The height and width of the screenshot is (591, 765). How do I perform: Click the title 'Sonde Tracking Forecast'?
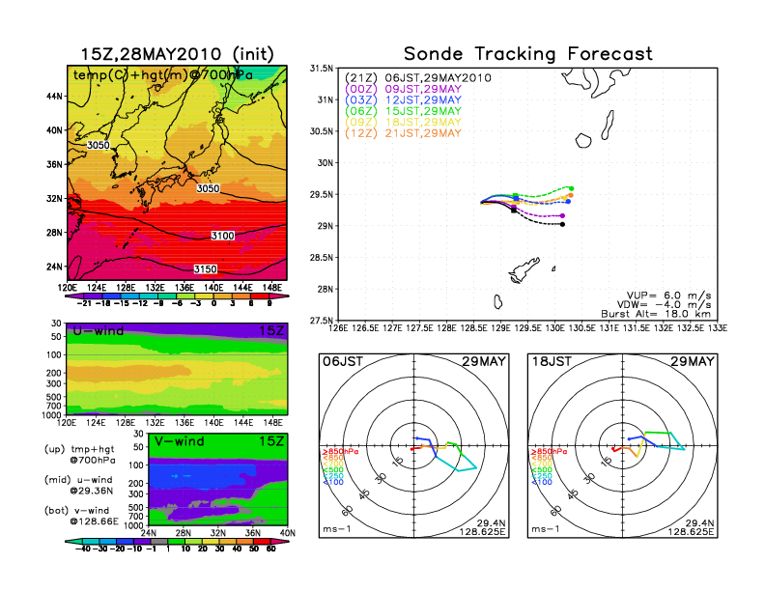click(x=527, y=54)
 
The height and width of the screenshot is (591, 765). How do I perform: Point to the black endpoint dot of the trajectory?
click(x=562, y=224)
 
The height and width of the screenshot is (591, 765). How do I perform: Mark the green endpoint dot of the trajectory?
click(x=572, y=188)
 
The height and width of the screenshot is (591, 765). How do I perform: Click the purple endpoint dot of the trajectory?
click(x=562, y=215)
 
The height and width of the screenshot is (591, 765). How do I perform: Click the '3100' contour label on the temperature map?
click(x=223, y=236)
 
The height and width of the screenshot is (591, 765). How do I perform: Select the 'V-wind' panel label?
click(x=180, y=442)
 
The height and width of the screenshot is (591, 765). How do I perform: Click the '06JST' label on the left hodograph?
click(x=342, y=361)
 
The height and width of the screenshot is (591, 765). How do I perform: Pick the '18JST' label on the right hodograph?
click(x=552, y=361)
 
